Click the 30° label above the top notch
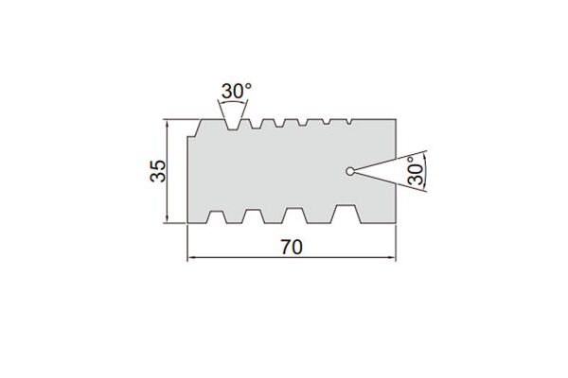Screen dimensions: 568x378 click(236, 91)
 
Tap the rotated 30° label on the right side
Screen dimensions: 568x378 click(416, 171)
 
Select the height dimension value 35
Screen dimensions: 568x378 click(158, 171)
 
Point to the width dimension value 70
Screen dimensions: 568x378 click(292, 248)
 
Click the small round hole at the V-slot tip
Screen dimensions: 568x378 click(350, 171)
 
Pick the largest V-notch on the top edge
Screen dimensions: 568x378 click(233, 124)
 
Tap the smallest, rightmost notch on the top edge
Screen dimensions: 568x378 click(349, 122)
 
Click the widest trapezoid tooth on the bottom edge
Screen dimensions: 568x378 click(346, 214)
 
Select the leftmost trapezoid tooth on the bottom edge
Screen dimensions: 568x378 click(217, 217)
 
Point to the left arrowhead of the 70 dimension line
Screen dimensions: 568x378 click(190, 258)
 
